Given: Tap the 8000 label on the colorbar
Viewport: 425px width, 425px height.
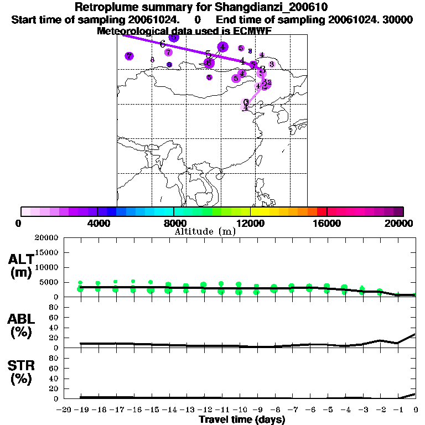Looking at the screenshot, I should click(174, 223).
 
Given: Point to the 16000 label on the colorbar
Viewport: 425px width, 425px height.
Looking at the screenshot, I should click(328, 223).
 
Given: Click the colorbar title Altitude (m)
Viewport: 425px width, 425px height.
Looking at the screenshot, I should click(205, 232).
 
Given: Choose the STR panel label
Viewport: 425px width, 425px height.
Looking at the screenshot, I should click(20, 372).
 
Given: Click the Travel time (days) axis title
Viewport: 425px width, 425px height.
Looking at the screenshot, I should click(242, 420).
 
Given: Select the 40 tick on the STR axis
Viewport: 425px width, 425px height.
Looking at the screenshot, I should click(54, 379).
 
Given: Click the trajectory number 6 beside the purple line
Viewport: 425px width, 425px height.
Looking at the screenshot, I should click(163, 44).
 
